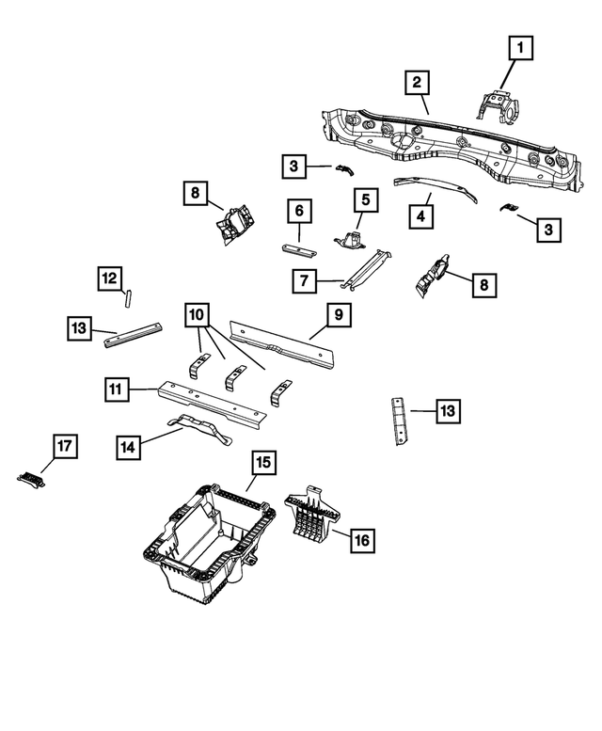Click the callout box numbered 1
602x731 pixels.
coord(521,44)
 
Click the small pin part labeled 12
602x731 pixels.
coord(128,299)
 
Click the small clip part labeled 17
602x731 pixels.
coord(32,477)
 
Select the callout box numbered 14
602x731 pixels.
coord(131,448)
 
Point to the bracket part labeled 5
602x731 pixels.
coord(350,236)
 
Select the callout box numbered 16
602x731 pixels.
coord(361,540)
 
